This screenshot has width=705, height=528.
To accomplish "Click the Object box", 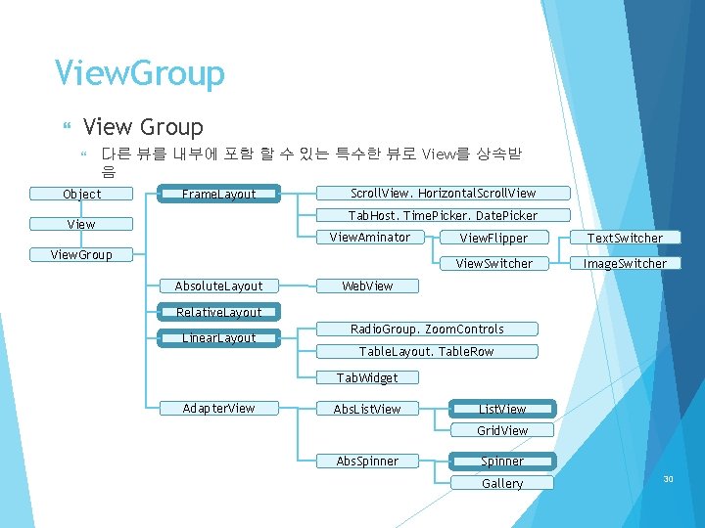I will coord(81,194).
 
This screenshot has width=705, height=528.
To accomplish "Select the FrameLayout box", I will coord(219,194).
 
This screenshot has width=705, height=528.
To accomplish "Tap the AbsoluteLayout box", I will coord(219,286).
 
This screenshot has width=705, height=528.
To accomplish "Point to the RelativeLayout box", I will coord(219,312).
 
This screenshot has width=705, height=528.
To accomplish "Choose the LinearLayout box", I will coord(219,338).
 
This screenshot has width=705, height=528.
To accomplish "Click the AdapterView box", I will coord(219,408).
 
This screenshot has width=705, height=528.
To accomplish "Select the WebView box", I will coord(367,286).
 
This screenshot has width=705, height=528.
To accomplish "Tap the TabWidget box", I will coord(367,377).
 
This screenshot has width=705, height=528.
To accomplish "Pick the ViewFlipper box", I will coord(493,238).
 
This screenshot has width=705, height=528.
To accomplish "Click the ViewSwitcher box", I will coord(493,263).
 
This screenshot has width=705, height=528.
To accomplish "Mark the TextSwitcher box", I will coord(625,238).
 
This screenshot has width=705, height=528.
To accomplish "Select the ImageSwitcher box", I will coord(625,263).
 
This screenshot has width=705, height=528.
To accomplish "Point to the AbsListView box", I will coord(367,409).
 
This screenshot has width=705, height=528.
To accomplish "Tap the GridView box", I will coord(502,430).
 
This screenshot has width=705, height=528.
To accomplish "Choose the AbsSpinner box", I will coord(367,461).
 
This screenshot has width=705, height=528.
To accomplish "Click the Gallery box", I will coord(502,483).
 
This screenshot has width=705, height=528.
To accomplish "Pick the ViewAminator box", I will coord(370,238).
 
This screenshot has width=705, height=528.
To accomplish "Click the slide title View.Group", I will coord(140,73).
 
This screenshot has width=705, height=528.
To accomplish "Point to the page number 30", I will coord(669,479).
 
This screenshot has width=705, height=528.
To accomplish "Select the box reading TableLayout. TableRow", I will coord(426,351).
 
